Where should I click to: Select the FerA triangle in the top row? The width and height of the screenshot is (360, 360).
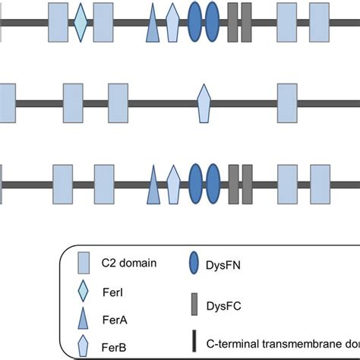pyautogui.click(x=153, y=25)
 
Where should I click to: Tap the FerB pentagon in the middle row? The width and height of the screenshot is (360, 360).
pyautogui.click(x=204, y=103)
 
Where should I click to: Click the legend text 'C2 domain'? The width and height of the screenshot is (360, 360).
pyautogui.click(x=128, y=263)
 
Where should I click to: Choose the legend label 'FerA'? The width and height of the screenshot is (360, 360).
pyautogui.click(x=112, y=320)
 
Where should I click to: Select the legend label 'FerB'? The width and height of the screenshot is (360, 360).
pyautogui.click(x=112, y=347)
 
